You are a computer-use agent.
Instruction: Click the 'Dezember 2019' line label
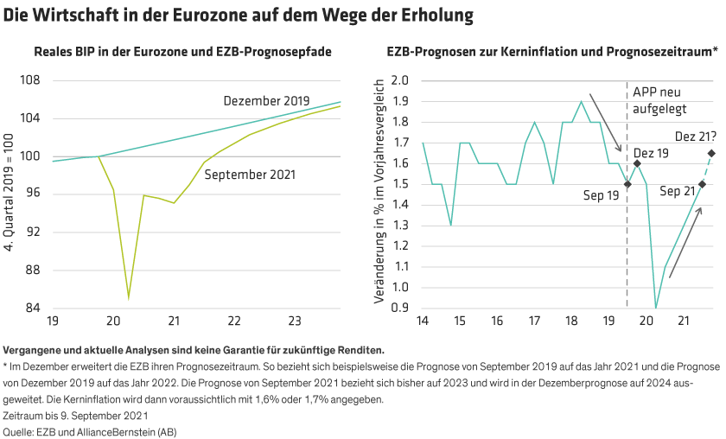coord(265,101)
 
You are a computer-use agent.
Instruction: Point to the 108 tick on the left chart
coord(30,80)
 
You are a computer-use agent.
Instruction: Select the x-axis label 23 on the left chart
coord(294,321)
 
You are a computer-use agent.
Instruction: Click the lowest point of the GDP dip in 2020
coord(129,299)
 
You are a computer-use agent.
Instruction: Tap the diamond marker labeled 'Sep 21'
coord(702,184)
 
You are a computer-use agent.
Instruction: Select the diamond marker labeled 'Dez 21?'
coord(711,154)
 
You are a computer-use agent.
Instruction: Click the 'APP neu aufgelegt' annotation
coord(659,100)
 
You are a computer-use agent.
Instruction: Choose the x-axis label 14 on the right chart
coord(422,321)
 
